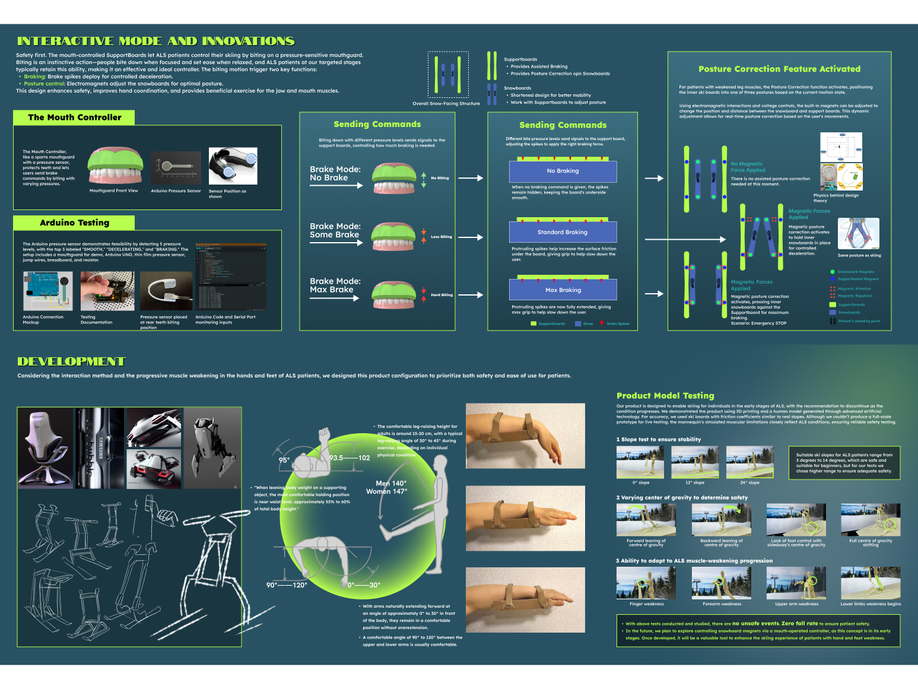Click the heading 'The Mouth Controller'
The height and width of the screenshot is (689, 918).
point(74,118)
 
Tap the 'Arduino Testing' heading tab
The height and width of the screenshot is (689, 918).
point(74,223)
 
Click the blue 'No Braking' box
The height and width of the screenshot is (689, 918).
point(563,171)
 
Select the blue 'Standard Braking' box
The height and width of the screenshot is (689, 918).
point(563,232)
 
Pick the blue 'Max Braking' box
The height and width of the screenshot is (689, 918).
point(563,290)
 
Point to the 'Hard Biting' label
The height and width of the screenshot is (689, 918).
point(441,295)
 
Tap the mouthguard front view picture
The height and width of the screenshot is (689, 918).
point(115,166)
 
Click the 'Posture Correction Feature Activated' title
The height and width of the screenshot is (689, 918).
point(779,69)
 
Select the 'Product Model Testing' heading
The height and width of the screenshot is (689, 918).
point(665,396)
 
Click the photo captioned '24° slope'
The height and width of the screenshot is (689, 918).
point(749,462)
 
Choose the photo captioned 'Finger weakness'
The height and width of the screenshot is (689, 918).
point(646,583)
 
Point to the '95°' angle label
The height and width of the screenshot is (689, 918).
point(284,461)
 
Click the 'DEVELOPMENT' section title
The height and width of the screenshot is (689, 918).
point(72,361)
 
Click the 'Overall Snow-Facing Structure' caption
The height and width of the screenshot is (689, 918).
point(446,103)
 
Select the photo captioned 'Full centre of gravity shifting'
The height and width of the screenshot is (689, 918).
point(870,520)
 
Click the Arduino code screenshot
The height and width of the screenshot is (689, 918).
point(231,277)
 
